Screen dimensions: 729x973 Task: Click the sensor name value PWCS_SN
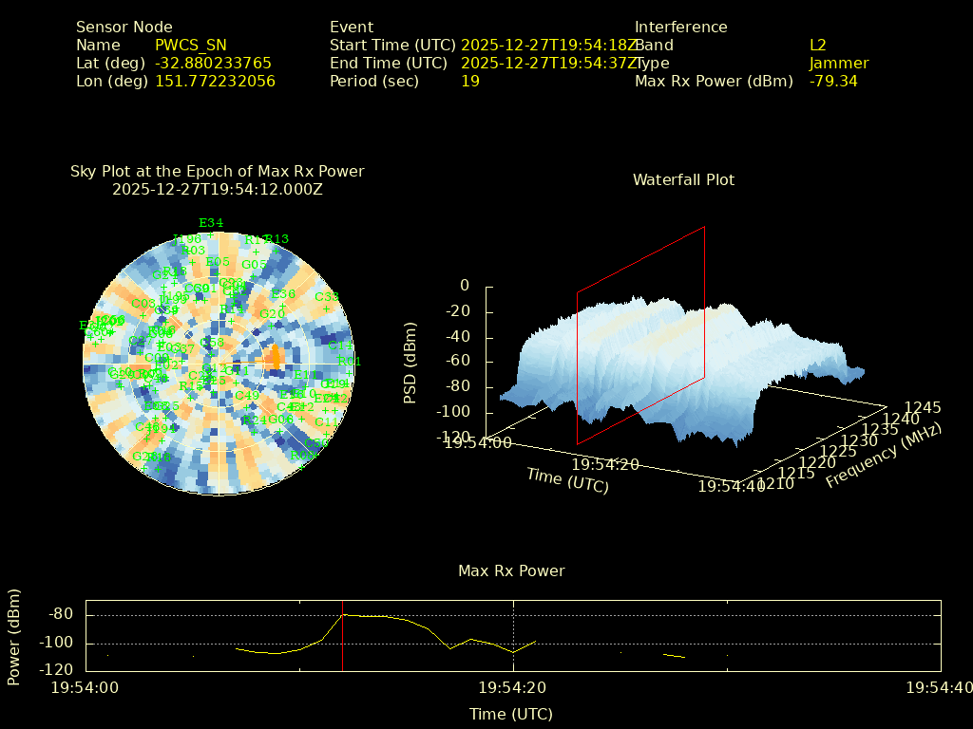click(190, 46)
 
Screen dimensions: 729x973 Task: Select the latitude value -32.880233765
click(213, 64)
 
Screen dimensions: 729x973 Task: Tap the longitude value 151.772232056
click(215, 82)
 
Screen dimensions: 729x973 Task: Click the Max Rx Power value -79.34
click(833, 82)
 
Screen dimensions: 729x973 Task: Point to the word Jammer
click(839, 64)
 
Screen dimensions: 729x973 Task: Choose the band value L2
click(818, 46)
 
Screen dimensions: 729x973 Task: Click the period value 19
click(470, 82)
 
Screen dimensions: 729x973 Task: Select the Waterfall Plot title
click(683, 180)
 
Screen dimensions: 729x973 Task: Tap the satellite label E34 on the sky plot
click(211, 224)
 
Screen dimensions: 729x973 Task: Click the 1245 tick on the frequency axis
click(923, 407)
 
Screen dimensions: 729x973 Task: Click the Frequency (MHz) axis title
click(883, 457)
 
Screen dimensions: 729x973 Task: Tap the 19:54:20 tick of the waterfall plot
click(605, 464)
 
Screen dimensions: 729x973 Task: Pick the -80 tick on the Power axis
click(61, 614)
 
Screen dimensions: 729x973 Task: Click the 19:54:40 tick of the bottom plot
click(939, 687)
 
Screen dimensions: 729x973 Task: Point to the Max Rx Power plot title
click(511, 571)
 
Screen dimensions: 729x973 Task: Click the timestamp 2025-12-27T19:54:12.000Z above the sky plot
click(218, 189)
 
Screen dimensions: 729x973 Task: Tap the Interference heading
click(680, 28)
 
